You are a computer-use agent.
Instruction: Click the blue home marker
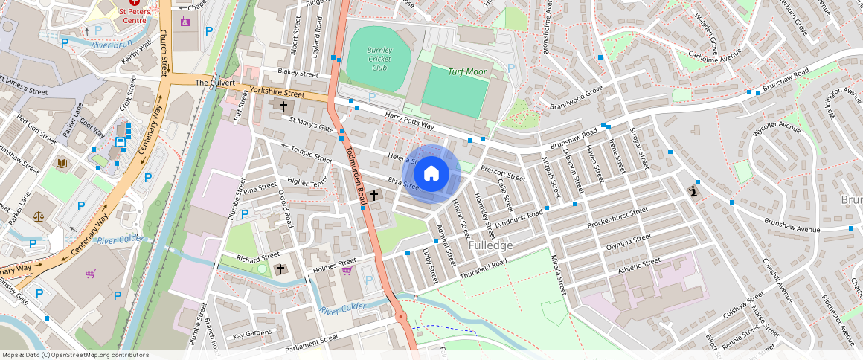click(x=431, y=174)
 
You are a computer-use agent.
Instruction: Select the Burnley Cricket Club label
click(x=379, y=59)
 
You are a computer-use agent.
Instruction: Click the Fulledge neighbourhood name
click(x=490, y=245)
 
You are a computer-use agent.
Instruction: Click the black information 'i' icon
click(x=693, y=190)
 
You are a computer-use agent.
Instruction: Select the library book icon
click(x=62, y=162)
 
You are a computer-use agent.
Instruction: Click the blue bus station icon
click(x=120, y=142)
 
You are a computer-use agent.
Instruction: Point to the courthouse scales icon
click(x=39, y=216)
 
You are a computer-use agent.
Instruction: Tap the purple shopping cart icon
click(x=91, y=274)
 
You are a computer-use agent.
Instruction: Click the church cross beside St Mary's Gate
click(x=283, y=106)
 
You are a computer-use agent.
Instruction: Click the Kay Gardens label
click(x=254, y=335)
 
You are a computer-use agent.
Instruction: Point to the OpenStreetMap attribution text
click(x=75, y=355)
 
